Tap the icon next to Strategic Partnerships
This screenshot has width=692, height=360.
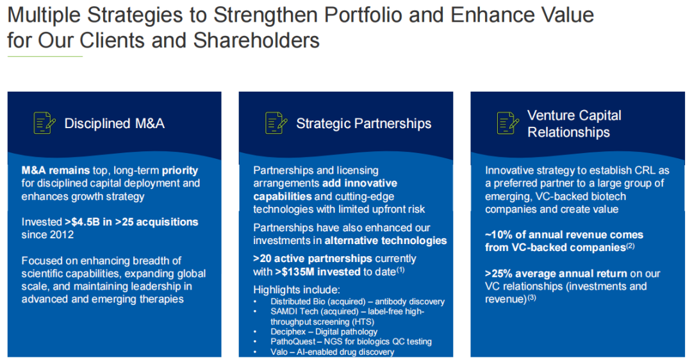click(276, 122)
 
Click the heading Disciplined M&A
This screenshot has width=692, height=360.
click(114, 124)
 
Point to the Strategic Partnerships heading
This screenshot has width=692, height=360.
click(364, 124)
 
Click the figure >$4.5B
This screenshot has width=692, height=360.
click(82, 222)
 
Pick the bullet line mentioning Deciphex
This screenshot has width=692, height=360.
click(324, 332)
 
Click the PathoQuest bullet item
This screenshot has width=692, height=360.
click(351, 342)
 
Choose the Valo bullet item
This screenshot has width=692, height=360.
click(333, 352)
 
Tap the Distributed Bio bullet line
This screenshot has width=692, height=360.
click(358, 302)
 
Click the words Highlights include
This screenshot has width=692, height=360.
click(297, 290)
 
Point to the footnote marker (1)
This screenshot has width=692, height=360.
click(400, 270)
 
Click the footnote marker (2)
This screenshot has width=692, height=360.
click(630, 246)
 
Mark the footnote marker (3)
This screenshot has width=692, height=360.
click(532, 297)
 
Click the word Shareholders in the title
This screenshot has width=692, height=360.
click(256, 40)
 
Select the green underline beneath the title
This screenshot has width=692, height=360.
click(45, 56)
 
